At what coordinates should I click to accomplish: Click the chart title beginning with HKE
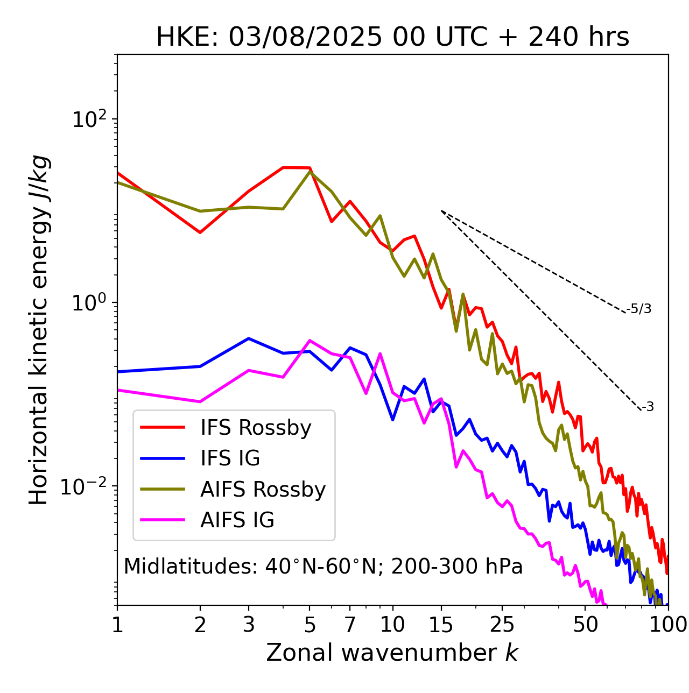[x=392, y=38]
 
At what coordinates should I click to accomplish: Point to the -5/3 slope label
[x=639, y=309]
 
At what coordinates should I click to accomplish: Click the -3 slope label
[x=648, y=407]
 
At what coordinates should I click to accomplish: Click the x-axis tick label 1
[x=117, y=625]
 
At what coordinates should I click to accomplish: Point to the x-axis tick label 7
[x=350, y=625]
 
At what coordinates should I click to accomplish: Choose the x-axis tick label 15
[x=441, y=625]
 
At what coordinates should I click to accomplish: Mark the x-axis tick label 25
[x=502, y=625]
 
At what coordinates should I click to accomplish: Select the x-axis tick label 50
[x=586, y=625]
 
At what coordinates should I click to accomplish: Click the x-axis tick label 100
[x=667, y=625]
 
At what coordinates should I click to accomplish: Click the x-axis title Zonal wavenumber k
[x=392, y=653]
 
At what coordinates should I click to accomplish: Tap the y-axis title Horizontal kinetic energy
[x=39, y=330]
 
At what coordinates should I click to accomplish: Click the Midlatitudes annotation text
[x=323, y=567]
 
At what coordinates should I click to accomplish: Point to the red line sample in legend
[x=163, y=428]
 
